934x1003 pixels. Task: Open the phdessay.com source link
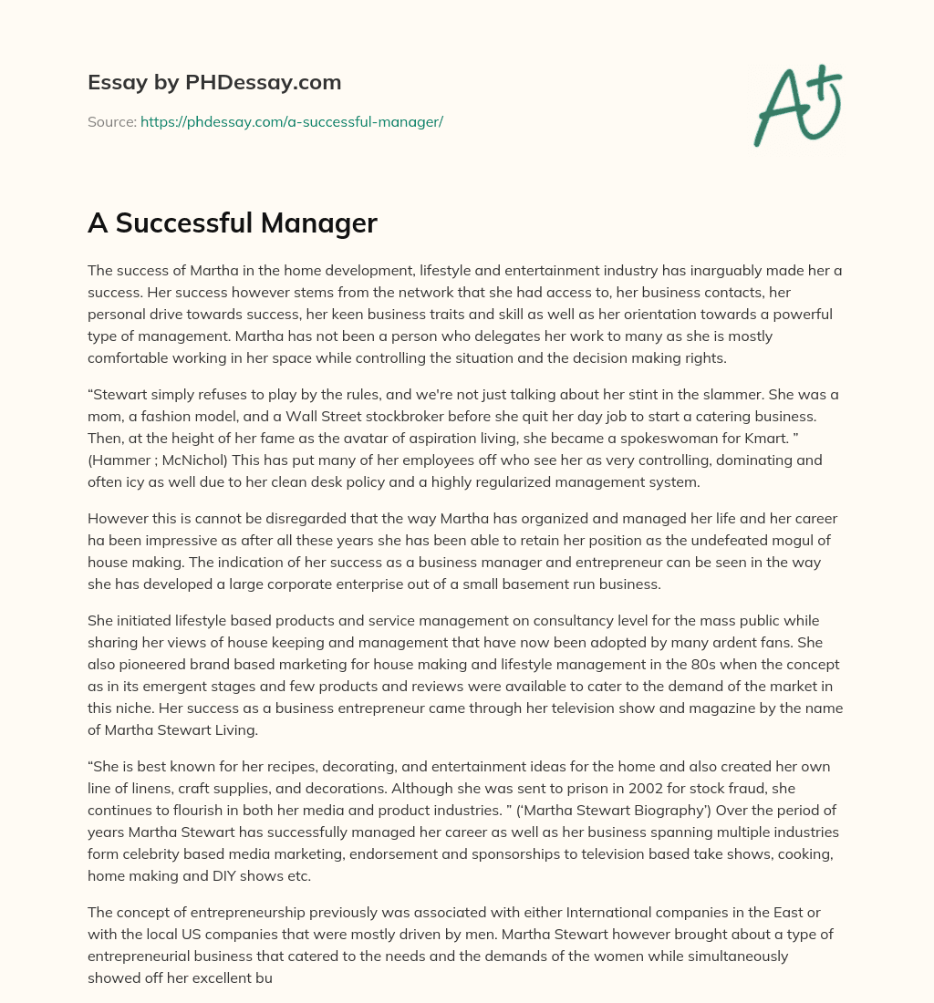[291, 121]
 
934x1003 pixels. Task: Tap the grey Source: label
[111, 121]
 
